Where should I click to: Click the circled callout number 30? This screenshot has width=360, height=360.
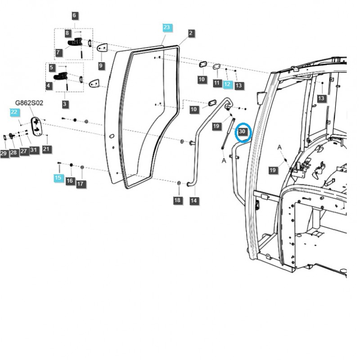tap(243, 132)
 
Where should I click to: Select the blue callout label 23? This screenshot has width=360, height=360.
tap(166, 28)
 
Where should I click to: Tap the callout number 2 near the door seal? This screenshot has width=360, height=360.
tap(191, 33)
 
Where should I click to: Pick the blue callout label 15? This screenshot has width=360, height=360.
tap(58, 178)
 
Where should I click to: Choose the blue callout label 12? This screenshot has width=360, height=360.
tap(227, 84)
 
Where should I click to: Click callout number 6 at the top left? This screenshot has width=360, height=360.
tap(74, 16)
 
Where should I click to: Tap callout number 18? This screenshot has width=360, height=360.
tap(177, 200)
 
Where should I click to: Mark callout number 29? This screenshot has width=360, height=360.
tap(4, 154)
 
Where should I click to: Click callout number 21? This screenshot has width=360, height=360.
tap(47, 149)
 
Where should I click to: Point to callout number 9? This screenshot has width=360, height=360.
tap(101, 66)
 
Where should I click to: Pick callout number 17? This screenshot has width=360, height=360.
tap(80, 184)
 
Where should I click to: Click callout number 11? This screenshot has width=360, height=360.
tap(217, 83)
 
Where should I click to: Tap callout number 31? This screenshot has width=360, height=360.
tap(33, 150)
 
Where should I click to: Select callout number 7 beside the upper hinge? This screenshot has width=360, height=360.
tap(59, 53)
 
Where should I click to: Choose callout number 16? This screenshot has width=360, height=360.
tap(70, 181)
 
